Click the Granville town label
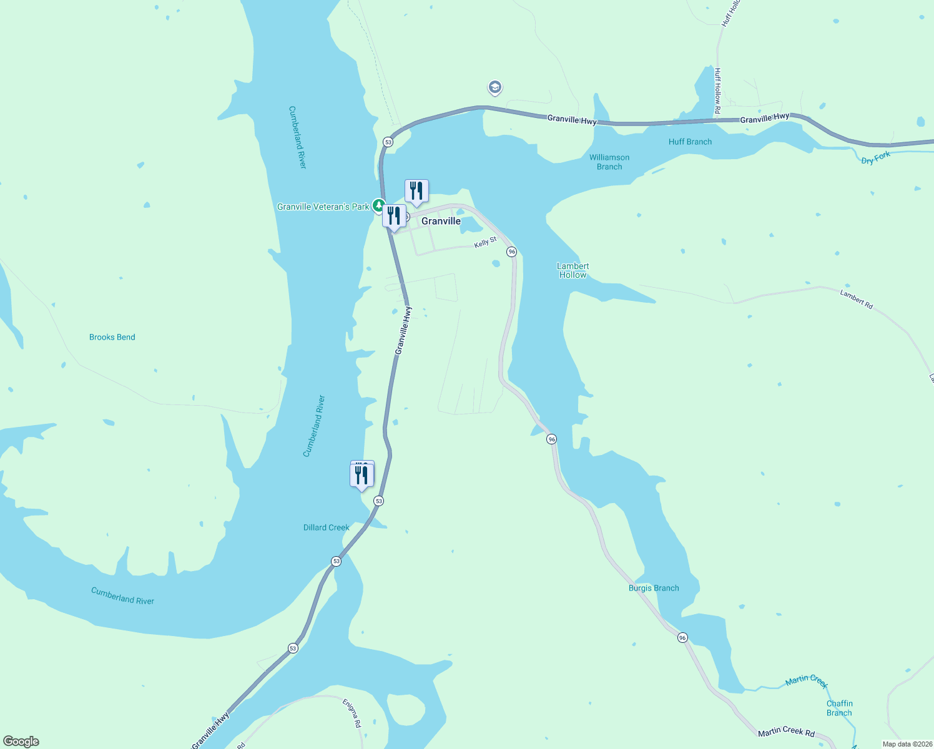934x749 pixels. point(441,221)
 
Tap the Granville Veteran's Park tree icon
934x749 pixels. point(378,205)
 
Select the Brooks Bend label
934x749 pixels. point(112,337)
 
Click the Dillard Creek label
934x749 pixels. point(326,527)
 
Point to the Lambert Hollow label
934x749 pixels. point(573,270)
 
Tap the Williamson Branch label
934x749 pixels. point(609,162)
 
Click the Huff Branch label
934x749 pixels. point(690,142)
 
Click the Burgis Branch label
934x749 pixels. point(654,588)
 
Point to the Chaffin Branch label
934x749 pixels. point(839,708)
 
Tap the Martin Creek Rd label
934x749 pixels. point(786,732)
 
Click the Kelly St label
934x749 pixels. point(485,242)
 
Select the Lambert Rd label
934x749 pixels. point(856,298)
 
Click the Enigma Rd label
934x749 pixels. point(352,713)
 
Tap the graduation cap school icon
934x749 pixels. point(494,87)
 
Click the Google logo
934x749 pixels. point(21,742)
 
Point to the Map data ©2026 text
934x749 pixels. point(907,744)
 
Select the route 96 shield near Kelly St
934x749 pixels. point(512,252)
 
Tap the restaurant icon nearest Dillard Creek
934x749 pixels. point(361,476)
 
